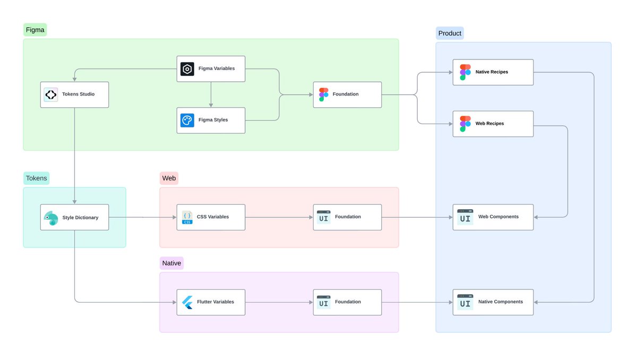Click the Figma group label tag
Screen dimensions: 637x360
click(35, 30)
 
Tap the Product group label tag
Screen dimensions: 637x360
click(450, 33)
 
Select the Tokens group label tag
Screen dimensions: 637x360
click(37, 178)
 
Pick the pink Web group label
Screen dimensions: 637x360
click(169, 178)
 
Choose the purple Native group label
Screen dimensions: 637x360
click(171, 263)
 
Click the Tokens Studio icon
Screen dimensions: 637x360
click(51, 95)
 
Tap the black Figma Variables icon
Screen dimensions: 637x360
click(187, 69)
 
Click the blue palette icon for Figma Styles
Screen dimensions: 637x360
click(187, 121)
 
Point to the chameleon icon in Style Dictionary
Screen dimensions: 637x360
click(51, 218)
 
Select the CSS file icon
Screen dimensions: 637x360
click(187, 217)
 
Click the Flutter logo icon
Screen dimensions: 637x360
click(187, 302)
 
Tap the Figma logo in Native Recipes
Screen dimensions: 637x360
click(465, 72)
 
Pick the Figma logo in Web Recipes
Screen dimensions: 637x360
click(465, 124)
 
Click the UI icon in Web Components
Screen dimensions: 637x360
click(465, 217)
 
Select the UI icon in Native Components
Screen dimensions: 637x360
click(465, 302)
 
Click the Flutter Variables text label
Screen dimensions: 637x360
click(216, 302)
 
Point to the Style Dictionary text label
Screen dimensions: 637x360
click(80, 218)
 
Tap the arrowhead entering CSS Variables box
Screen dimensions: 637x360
click(174, 217)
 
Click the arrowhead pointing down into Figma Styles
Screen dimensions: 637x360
click(211, 105)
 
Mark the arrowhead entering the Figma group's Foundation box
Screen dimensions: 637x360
click(311, 95)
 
